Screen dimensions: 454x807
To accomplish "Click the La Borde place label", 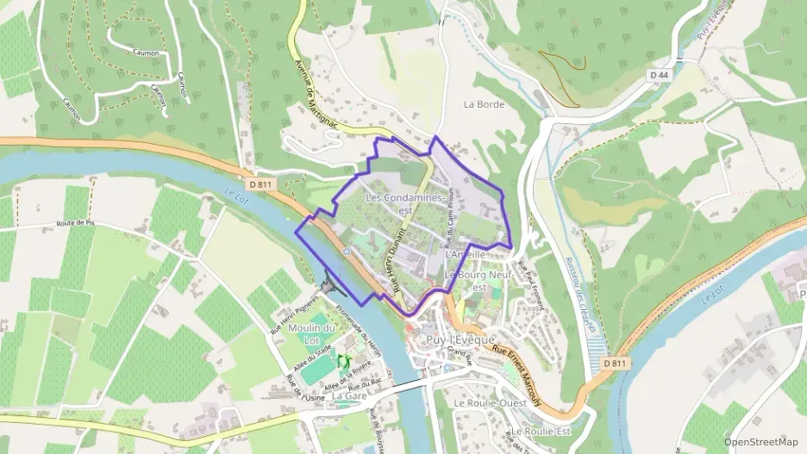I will pyautogui.click(x=483, y=104).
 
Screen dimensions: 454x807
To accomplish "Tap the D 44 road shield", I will pyautogui.click(x=659, y=76).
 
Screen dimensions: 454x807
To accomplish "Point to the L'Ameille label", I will pyautogui.click(x=466, y=255).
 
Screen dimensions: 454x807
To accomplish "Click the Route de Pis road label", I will pyautogui.click(x=75, y=223).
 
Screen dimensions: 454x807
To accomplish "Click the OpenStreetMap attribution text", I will pyautogui.click(x=761, y=442).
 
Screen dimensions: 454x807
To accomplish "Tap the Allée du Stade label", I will pyautogui.click(x=311, y=358).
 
